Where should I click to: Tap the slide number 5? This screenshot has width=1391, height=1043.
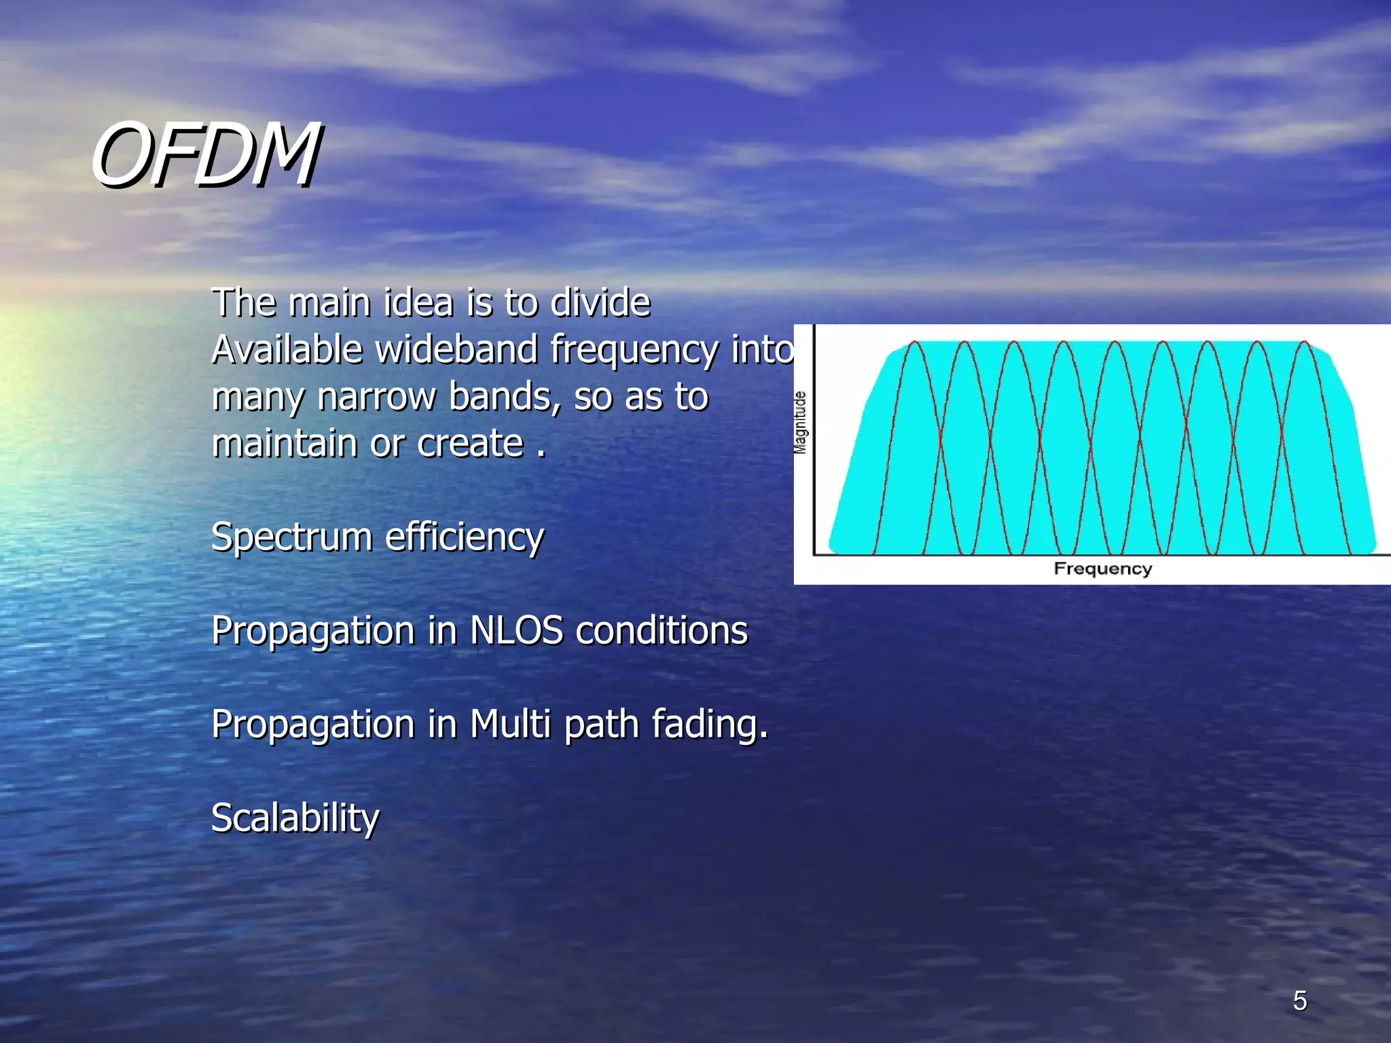coord(1299,1001)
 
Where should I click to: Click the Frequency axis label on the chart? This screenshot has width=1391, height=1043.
coord(1102,568)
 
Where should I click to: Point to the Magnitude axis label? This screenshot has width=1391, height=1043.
coord(801,422)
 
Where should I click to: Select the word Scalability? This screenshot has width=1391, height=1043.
coord(295,818)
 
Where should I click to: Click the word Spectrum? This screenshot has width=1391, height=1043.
coord(291,537)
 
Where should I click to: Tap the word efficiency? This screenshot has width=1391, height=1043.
coord(465,537)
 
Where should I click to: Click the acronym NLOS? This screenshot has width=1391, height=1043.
coord(516,630)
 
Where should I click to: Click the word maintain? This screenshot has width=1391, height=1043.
coord(284,443)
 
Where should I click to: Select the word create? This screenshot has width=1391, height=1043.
coord(470,443)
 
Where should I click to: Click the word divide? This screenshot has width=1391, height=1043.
coord(600,303)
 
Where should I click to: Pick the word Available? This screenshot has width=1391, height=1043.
coord(287,350)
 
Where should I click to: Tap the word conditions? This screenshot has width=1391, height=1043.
coord(662,630)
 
